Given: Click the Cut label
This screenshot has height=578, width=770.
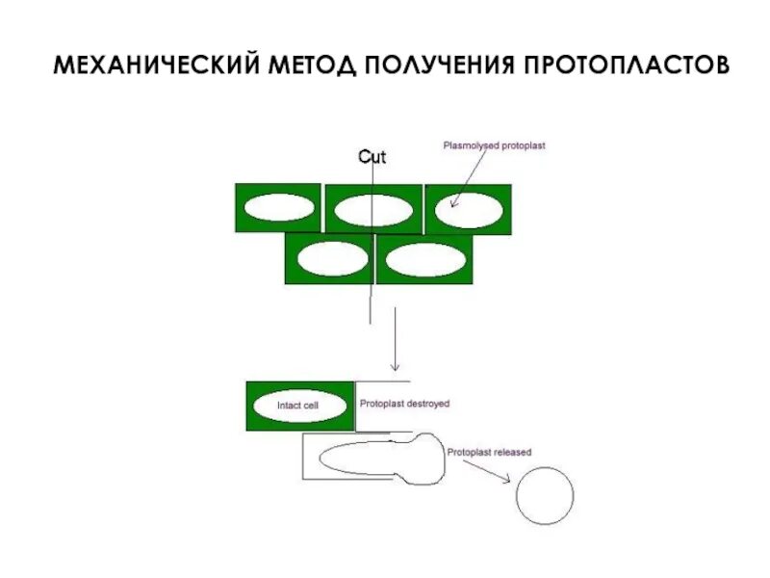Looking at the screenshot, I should pyautogui.click(x=372, y=157).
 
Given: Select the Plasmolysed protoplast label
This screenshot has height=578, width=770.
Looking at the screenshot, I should pyautogui.click(x=494, y=146).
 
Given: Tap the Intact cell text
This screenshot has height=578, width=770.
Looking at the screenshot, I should pyautogui.click(x=297, y=407).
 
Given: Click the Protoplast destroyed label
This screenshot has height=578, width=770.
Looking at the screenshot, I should pyautogui.click(x=404, y=405).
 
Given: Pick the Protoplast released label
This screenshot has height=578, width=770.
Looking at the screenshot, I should pyautogui.click(x=489, y=452).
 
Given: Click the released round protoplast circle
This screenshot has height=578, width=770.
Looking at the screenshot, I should pyautogui.click(x=545, y=495).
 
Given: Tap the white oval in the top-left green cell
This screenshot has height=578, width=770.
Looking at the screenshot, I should pyautogui.click(x=278, y=207).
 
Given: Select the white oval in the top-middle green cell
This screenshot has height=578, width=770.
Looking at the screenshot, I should pyautogui.click(x=373, y=209).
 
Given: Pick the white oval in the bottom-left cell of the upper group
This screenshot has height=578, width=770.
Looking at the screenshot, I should pyautogui.click(x=332, y=258).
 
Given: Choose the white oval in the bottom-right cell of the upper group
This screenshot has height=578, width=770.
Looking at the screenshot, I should pyautogui.click(x=423, y=258).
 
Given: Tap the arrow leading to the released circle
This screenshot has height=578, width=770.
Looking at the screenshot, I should pyautogui.click(x=486, y=472).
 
